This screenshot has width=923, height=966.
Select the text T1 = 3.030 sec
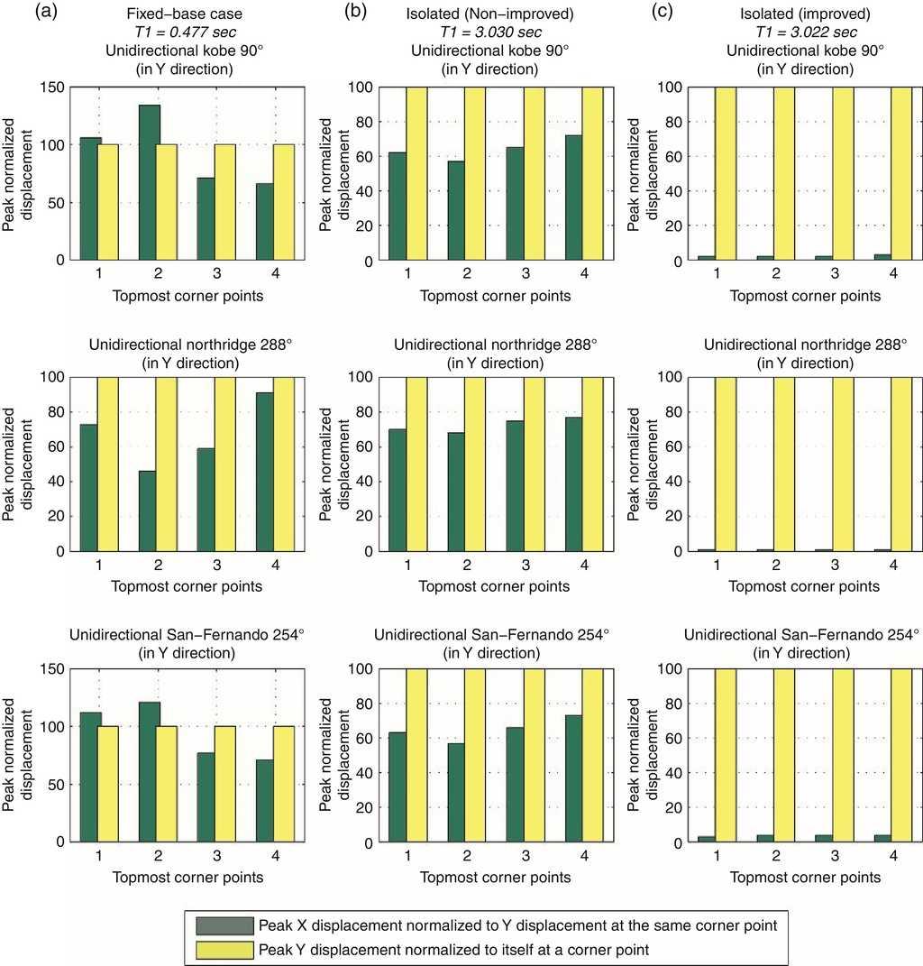tap(491, 33)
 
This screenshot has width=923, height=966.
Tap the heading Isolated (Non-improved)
tap(491, 15)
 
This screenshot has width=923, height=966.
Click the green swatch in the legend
tap(224, 925)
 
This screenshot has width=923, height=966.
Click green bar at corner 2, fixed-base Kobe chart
tap(149, 182)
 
